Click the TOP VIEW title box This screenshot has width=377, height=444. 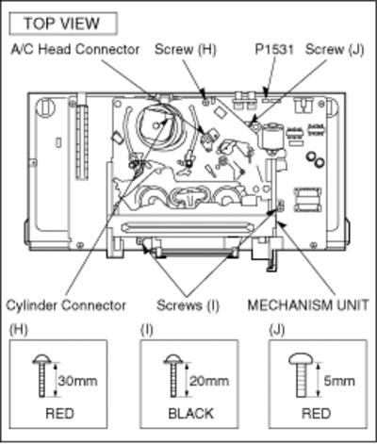click(x=63, y=24)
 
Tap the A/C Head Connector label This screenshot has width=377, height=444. click(x=75, y=49)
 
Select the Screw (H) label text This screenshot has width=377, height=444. click(x=186, y=49)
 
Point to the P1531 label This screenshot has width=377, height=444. click(x=274, y=49)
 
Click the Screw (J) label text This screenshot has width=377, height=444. click(x=335, y=49)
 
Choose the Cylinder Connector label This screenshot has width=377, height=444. click(x=66, y=305)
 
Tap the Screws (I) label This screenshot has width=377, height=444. click(x=188, y=305)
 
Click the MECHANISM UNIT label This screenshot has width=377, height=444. click(x=308, y=305)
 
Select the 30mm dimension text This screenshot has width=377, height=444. click(x=77, y=381)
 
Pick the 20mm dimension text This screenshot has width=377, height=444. click(x=209, y=381)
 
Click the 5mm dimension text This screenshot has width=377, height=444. click(x=339, y=381)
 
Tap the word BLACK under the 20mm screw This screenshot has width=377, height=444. click(x=191, y=413)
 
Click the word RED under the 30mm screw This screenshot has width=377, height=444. click(x=60, y=413)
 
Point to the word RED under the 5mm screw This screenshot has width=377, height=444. click(x=317, y=413)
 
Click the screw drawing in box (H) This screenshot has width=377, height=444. click(x=41, y=376)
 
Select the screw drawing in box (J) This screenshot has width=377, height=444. click(x=301, y=375)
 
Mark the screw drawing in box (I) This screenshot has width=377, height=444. click(x=172, y=376)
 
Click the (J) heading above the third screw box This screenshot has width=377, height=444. click(x=277, y=330)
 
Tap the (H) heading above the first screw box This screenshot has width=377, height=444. click(x=19, y=330)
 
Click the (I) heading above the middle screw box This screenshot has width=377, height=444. click(x=147, y=330)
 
